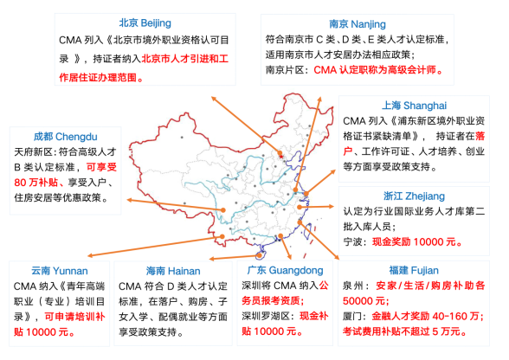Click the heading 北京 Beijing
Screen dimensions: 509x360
(x=145, y=23)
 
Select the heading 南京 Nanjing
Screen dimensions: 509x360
(x=358, y=24)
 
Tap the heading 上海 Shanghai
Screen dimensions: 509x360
(x=414, y=106)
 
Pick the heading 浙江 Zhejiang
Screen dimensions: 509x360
(x=414, y=196)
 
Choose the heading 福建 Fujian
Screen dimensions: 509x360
(x=414, y=270)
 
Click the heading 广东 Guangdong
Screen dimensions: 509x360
(x=285, y=270)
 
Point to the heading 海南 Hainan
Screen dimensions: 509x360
(x=173, y=271)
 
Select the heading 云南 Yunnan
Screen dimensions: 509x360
(x=60, y=271)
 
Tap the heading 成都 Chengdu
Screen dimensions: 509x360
(x=65, y=137)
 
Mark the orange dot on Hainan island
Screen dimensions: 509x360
(x=259, y=255)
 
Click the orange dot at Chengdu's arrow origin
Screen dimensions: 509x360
(x=223, y=210)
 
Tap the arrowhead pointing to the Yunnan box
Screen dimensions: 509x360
(x=91, y=256)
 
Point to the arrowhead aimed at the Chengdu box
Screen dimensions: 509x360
(x=130, y=200)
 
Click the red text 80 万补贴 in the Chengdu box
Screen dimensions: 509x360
(x=36, y=183)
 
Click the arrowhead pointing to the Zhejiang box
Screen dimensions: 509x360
(x=331, y=206)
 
